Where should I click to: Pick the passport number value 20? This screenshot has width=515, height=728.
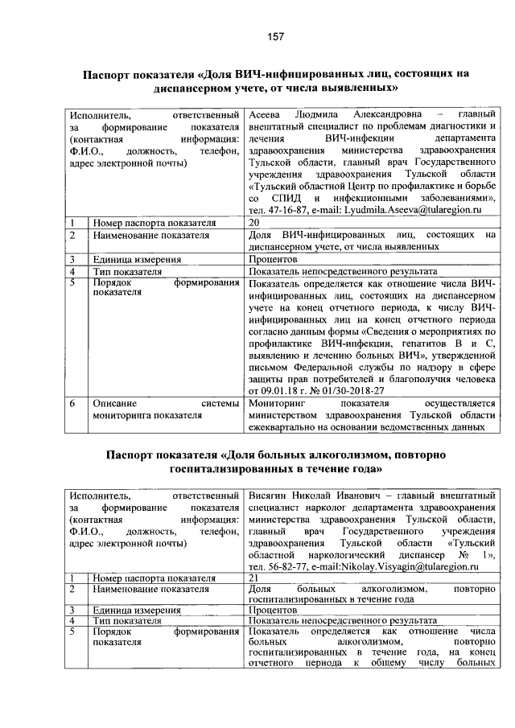(255, 222)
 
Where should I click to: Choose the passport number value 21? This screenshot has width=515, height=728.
(255, 578)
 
